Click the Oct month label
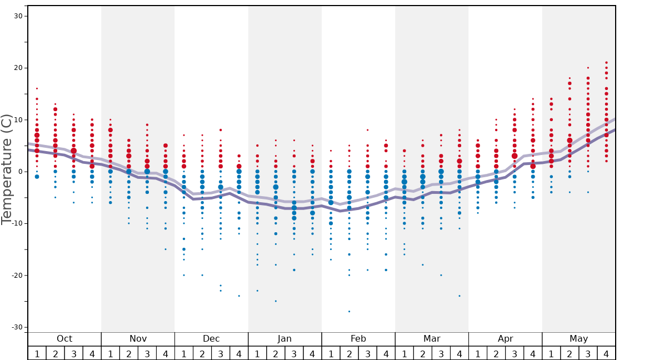(64, 339)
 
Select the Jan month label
(284, 339)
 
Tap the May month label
(578, 339)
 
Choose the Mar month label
(432, 339)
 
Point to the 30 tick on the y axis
(18, 16)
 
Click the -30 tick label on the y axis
(17, 327)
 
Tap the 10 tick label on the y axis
(18, 120)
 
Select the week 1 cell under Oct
(37, 353)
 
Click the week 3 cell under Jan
(294, 353)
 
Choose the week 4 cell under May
(606, 353)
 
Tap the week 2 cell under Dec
(202, 353)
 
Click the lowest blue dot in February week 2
(349, 312)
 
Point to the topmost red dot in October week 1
(37, 88)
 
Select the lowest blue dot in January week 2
(276, 301)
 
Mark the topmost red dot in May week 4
(606, 63)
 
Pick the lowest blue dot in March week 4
(460, 296)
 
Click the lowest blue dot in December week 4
(239, 296)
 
